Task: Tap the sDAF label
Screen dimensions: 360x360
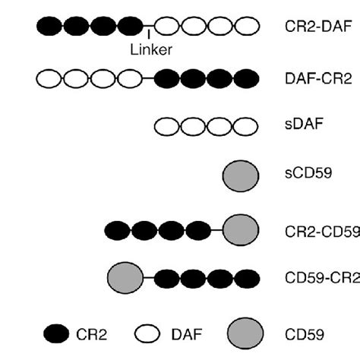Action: [x=292, y=127]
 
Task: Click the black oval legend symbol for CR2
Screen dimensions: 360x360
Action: [x=53, y=332]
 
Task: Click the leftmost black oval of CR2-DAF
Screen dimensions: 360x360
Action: [x=49, y=27]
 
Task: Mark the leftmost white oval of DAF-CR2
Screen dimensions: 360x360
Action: [x=49, y=77]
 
